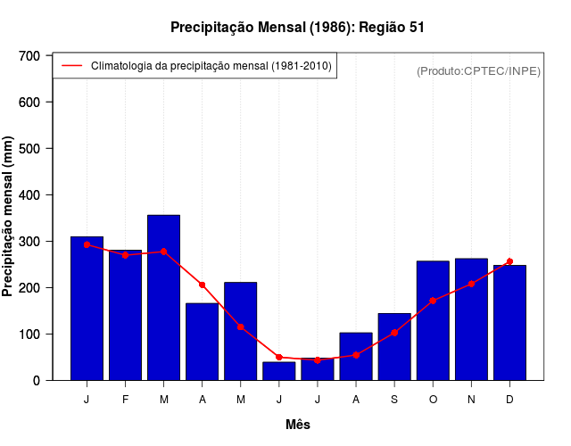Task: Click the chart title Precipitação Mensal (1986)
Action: click(x=297, y=28)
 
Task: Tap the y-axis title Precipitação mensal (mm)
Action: click(x=9, y=217)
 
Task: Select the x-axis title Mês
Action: click(x=298, y=425)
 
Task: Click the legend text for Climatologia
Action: click(x=211, y=66)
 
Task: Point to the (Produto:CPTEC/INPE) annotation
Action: click(x=478, y=71)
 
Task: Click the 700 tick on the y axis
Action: click(x=29, y=55)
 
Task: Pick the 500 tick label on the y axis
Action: click(x=29, y=148)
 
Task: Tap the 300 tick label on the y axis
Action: click(x=29, y=241)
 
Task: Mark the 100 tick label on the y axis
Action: click(x=29, y=334)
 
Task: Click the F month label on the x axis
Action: click(x=125, y=400)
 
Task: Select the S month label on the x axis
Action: click(x=394, y=400)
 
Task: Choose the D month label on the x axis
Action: click(x=509, y=400)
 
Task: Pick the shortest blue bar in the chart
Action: click(x=279, y=371)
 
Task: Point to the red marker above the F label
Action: click(x=125, y=255)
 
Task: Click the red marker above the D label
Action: click(x=509, y=261)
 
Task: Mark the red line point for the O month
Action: click(x=433, y=301)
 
